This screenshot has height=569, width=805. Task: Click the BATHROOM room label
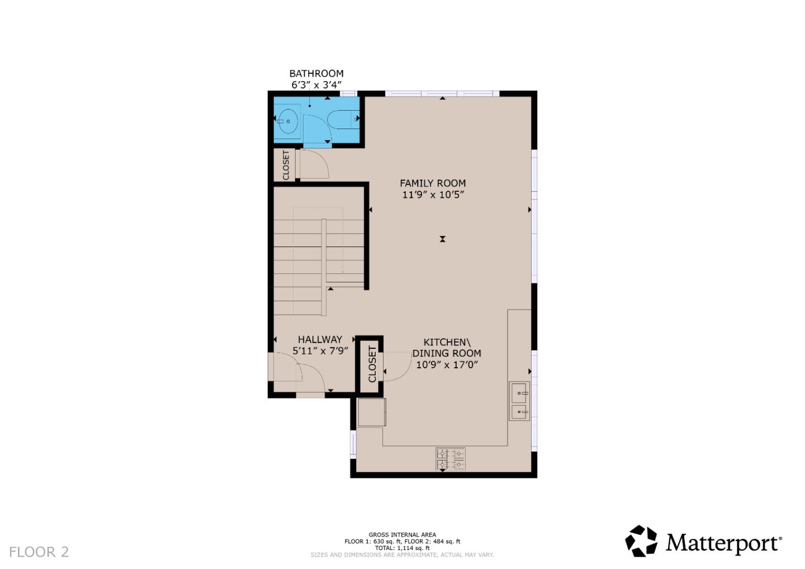[316, 73]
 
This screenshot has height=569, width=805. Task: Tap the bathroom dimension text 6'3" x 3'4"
[316, 85]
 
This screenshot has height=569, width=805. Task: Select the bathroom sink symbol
[288, 121]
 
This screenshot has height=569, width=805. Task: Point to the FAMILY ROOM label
[432, 183]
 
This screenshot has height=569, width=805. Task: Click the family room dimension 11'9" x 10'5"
[433, 195]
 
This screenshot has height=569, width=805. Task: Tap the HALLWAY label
[319, 339]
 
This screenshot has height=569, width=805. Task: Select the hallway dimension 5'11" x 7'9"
[320, 350]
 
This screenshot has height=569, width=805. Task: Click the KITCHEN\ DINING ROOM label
[446, 348]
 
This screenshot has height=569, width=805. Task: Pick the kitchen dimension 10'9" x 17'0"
[446, 364]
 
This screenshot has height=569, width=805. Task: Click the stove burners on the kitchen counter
[451, 459]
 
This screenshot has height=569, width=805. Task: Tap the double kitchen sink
[519, 401]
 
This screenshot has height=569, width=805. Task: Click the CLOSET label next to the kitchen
[372, 364]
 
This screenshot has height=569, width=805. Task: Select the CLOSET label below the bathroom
[286, 165]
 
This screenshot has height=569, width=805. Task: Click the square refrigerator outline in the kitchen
[371, 412]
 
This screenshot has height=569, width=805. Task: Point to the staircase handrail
[324, 267]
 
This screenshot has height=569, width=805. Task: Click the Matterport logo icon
[641, 541]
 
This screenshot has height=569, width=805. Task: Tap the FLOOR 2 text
[39, 552]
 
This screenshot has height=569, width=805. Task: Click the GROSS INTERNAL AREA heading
[402, 535]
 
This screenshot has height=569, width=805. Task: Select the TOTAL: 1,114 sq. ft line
[402, 548]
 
